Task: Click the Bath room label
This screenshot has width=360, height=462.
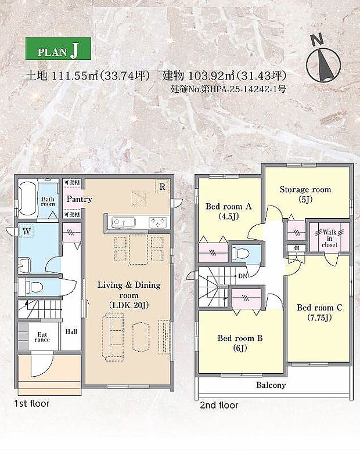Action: (48, 201)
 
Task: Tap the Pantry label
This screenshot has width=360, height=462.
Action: (80, 199)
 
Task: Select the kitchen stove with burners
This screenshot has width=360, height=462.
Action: (157, 222)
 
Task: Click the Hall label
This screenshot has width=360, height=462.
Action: (71, 331)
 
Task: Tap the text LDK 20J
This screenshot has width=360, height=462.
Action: (129, 305)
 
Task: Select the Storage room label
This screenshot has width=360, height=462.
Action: (305, 190)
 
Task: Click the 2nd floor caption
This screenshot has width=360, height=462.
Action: (218, 405)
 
